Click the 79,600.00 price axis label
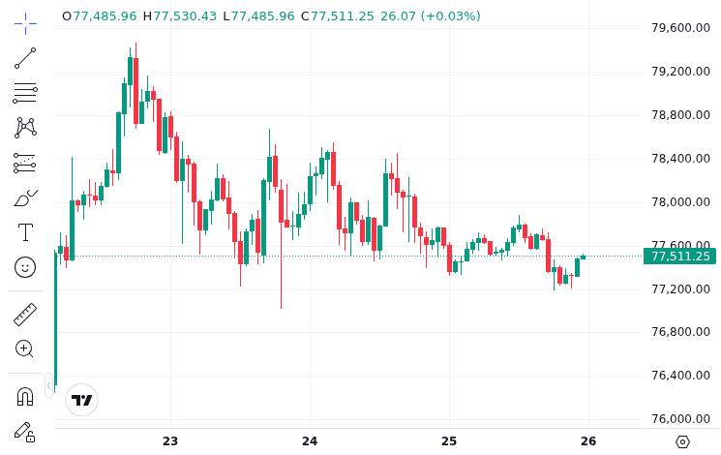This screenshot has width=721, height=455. (681, 28)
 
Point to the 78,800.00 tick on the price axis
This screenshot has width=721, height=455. (681, 115)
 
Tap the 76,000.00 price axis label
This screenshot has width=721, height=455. (681, 419)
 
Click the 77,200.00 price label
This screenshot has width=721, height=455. (681, 289)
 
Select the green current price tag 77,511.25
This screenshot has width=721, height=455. (680, 257)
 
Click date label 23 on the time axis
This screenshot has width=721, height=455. (170, 441)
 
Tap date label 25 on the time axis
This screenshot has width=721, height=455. (449, 441)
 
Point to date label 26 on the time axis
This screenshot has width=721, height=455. (588, 441)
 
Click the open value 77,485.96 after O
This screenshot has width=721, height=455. (105, 16)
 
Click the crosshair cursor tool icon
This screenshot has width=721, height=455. (25, 22)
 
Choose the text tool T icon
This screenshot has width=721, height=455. (25, 232)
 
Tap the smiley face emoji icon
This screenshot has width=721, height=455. (25, 266)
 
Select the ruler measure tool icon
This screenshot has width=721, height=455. (25, 314)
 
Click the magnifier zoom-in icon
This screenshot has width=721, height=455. (25, 349)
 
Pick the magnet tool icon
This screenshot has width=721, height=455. (25, 396)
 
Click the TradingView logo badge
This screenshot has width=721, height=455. (82, 400)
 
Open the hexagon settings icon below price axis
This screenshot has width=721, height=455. (682, 441)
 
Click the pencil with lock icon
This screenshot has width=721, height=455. (25, 432)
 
